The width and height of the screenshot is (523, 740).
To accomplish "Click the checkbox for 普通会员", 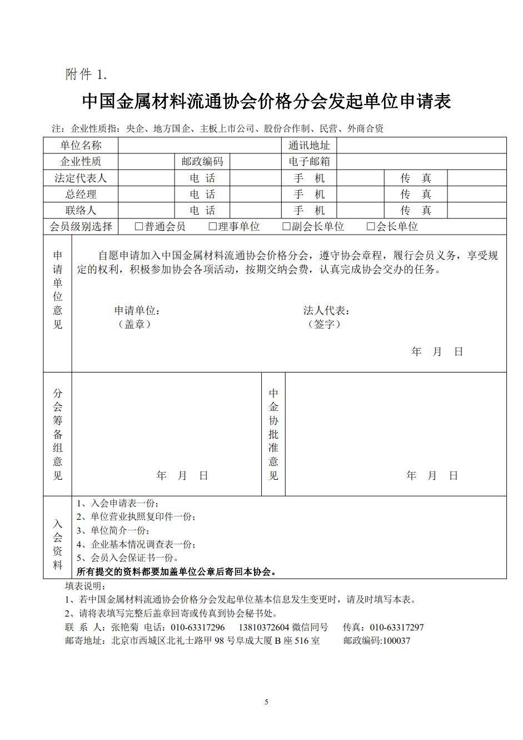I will click(x=139, y=226).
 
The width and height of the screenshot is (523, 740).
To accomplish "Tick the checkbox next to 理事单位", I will click(x=212, y=226).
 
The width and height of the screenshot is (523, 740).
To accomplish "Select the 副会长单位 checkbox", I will click(x=286, y=226).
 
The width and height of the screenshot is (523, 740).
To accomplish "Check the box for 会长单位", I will click(x=371, y=226).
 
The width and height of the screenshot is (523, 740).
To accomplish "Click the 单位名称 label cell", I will click(x=81, y=145).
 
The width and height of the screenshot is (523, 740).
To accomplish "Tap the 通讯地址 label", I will click(x=309, y=145).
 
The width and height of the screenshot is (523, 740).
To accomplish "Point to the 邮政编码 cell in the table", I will click(x=202, y=161).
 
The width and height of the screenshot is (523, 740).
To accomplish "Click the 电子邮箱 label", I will click(x=309, y=161).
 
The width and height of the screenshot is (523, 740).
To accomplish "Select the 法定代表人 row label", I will click(x=81, y=178).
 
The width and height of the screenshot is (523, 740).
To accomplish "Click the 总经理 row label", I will click(x=81, y=194).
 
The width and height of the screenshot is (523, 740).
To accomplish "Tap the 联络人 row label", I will click(x=81, y=210).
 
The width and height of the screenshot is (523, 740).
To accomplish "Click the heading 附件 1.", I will click(x=86, y=75).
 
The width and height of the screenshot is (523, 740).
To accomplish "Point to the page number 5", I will click(x=266, y=702).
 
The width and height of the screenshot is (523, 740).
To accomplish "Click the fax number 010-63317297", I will click(x=397, y=627).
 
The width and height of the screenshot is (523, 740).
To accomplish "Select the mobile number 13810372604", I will click(x=264, y=627).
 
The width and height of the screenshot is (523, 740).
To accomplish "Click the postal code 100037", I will click(x=396, y=640).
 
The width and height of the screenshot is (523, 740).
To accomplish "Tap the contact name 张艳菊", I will click(x=124, y=627).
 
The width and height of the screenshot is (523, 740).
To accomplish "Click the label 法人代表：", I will click(x=326, y=310).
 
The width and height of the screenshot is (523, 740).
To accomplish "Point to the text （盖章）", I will click(x=135, y=324).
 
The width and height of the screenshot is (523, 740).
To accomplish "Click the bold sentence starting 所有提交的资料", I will click(x=176, y=572).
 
